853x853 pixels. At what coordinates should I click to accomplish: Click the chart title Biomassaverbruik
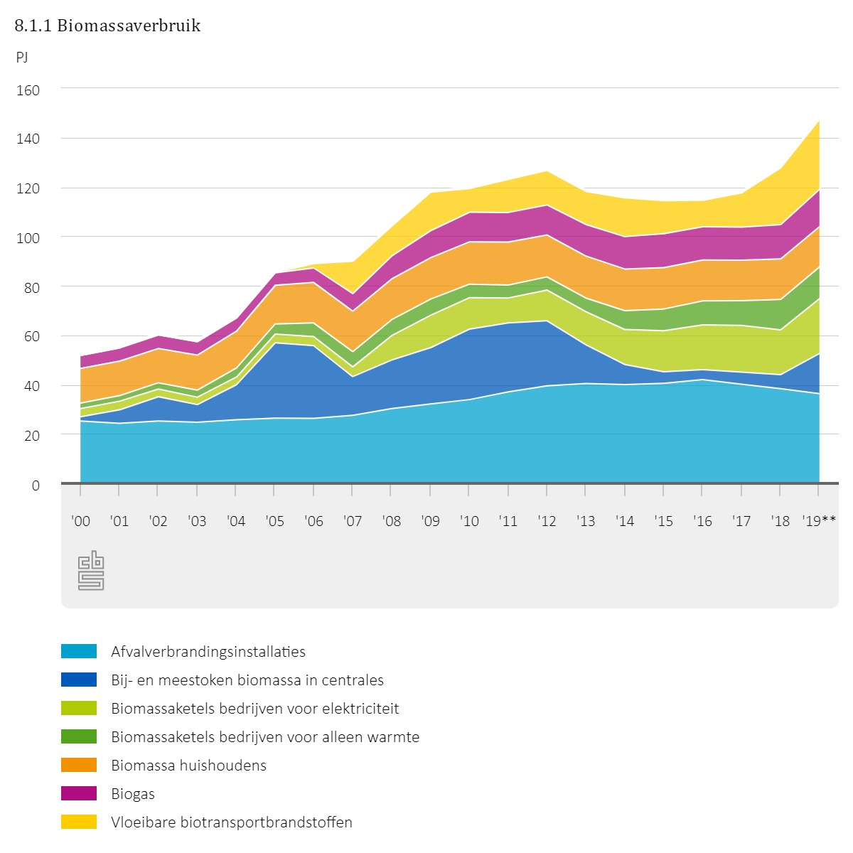coord(107,26)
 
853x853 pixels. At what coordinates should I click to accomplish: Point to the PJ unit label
coord(22,58)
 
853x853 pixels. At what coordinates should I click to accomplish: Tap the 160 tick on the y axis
coord(29,90)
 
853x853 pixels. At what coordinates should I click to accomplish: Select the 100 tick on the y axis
coord(29,237)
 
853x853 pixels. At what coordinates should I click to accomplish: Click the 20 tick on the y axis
coord(32,435)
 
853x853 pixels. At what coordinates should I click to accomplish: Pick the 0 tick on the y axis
coord(36,485)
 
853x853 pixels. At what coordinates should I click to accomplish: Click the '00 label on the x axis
coord(81,521)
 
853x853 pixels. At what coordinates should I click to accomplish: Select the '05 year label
coord(274,521)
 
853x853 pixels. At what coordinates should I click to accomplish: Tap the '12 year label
coord(547,521)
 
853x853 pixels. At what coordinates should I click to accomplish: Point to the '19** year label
coord(819,521)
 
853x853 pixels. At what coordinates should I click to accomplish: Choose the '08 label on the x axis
coord(391,521)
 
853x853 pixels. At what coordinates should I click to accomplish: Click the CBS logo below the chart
coord(91,571)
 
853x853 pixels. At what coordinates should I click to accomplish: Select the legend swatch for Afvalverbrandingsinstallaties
coord(79,651)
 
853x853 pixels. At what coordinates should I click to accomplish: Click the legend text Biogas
coord(133,794)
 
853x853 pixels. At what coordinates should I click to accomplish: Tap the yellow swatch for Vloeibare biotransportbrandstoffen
coord(79,822)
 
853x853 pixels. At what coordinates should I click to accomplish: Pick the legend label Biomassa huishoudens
coord(188,766)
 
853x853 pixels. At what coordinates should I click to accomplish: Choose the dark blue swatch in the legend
coord(79,680)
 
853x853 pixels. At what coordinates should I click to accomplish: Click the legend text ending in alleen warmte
coord(265,737)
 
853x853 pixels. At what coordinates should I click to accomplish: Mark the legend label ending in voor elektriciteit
coord(254,709)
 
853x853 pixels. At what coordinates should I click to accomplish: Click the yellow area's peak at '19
coord(819,122)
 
